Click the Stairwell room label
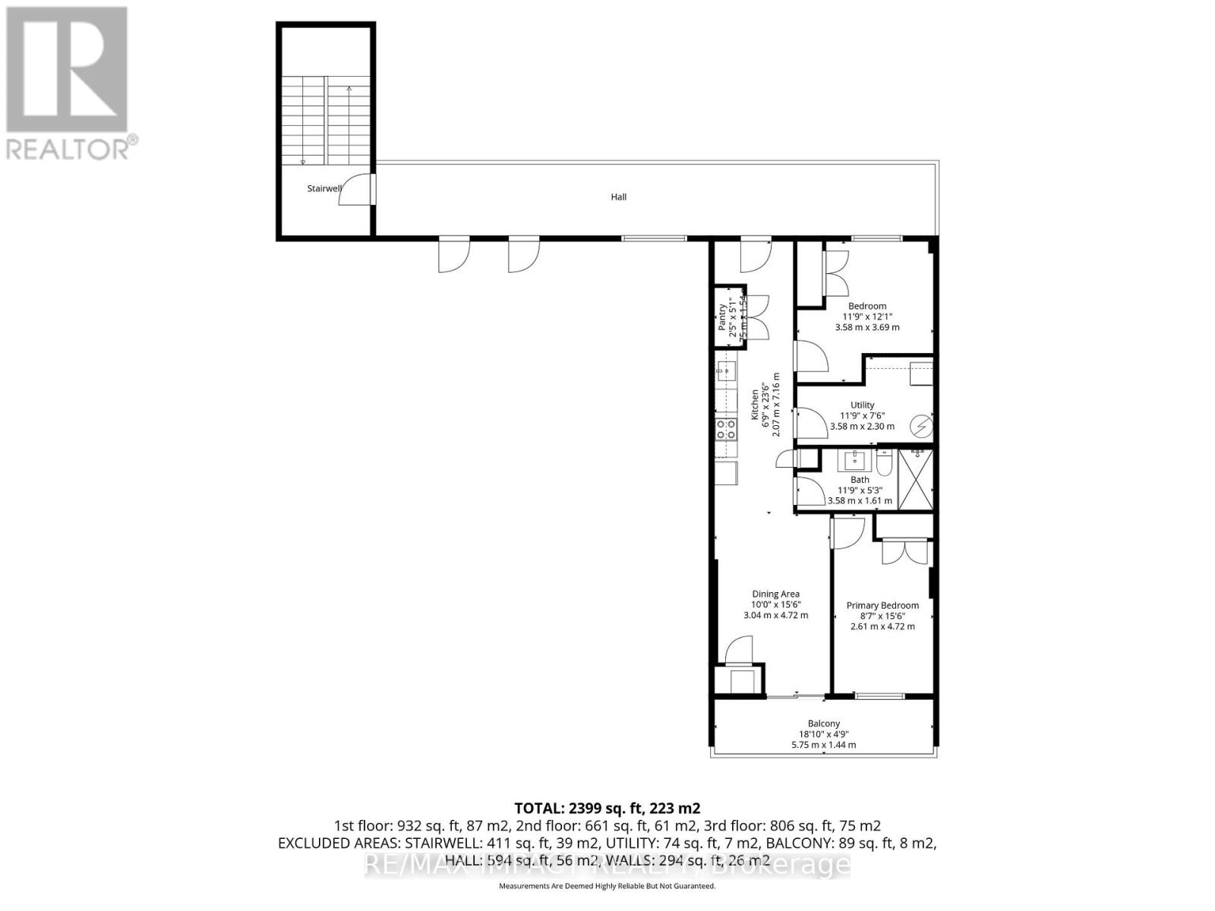coord(323,188)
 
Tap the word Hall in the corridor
coord(619,197)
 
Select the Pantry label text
coord(722,317)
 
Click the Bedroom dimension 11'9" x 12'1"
coord(867,317)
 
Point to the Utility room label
coord(862,405)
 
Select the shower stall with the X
coord(916,480)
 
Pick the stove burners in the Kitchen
coord(194,430)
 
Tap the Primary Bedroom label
coord(882,606)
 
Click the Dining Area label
coord(775,594)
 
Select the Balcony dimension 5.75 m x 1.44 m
coord(823,745)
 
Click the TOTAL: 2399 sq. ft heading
coord(607,808)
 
